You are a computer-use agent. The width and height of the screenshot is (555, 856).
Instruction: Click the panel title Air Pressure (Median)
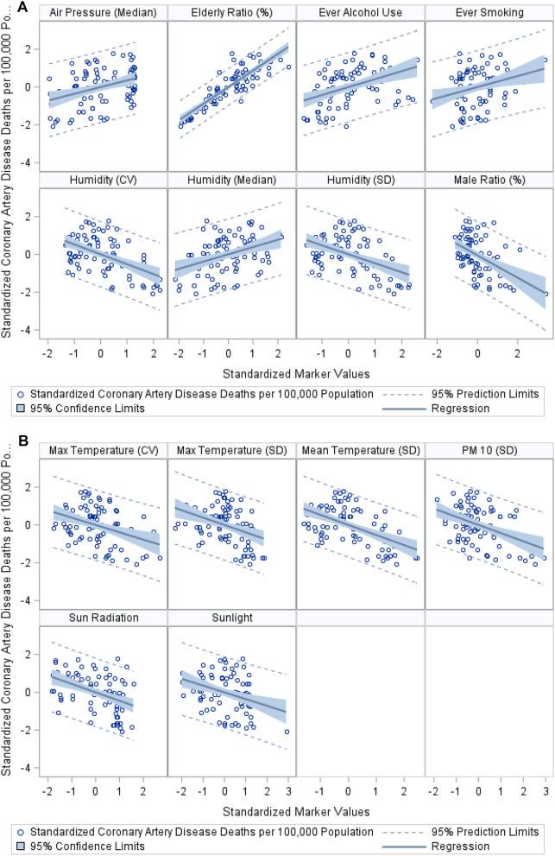point(103,13)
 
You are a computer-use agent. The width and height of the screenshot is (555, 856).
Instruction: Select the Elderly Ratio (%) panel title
point(231,13)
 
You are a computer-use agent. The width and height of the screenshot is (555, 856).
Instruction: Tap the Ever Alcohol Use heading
point(360,13)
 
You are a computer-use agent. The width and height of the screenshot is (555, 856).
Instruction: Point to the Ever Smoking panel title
point(489,13)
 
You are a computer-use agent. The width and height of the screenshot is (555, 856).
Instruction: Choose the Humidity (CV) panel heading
point(103,180)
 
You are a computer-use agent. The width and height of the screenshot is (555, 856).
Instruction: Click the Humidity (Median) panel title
point(231,180)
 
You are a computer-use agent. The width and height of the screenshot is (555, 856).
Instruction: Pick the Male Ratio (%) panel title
point(489,180)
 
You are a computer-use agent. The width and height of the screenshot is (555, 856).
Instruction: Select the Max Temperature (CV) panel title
point(103,451)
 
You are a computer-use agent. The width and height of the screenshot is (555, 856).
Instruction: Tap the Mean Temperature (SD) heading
point(360,451)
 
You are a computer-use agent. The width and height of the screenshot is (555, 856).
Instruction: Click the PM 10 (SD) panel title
point(489,451)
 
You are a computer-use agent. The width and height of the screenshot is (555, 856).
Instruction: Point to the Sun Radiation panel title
point(103,618)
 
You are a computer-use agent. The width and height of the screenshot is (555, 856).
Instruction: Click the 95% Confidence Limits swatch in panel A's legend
point(19,408)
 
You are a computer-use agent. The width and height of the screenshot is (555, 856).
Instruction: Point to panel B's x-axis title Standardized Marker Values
point(295,811)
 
